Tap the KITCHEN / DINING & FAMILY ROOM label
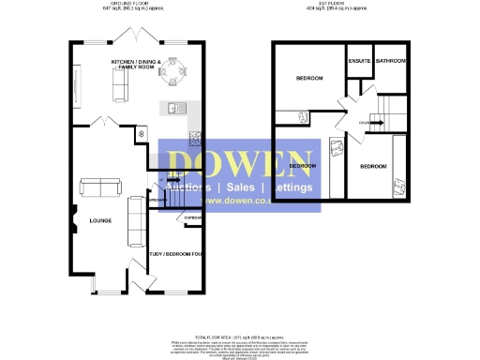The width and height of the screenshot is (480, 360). pos(137,65)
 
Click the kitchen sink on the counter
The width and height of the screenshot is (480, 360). pos(173,108)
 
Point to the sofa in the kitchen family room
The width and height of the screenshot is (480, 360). pos(119,86)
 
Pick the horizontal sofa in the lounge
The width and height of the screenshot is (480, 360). pos(100,187)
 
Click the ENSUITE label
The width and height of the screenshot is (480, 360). pos(359,61)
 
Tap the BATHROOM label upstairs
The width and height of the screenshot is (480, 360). pos(390,61)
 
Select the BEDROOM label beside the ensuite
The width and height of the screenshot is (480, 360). pos(308,78)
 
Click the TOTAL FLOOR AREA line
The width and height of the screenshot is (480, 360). pos(241,335)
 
